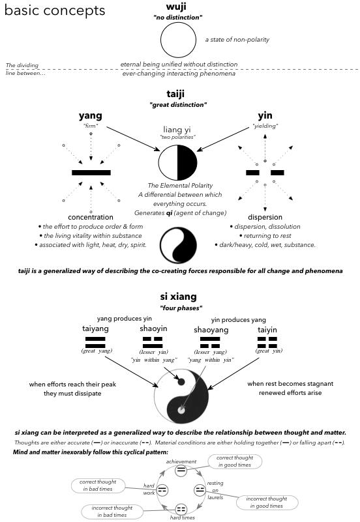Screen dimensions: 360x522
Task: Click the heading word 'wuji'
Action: pos(176,7)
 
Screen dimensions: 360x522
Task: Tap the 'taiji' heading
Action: pos(175,94)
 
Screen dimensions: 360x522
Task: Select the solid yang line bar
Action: pos(91,173)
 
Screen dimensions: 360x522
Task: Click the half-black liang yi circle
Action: pos(177,162)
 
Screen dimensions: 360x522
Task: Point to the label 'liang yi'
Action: pos(177,130)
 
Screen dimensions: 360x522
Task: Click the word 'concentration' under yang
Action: pos(91,217)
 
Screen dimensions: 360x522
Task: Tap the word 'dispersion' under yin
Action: pos(265,217)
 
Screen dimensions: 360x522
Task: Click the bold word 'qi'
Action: pos(169,213)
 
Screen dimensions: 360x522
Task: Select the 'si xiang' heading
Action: pos(178,297)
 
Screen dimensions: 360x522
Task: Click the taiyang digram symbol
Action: pos(95,342)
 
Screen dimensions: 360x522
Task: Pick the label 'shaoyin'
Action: pos(153,328)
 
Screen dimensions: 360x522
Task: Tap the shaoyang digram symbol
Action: pos(210,342)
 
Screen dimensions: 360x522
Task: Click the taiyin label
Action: pos(267,330)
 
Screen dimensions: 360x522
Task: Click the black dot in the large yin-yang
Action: pos(181,382)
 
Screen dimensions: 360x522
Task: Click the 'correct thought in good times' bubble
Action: pos(235,461)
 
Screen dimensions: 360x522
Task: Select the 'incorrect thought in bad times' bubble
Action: pos(112,512)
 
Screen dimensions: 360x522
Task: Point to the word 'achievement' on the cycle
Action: pos(181,461)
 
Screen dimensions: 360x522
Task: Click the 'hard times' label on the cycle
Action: pos(182,517)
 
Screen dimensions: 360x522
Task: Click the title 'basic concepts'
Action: pos(55,10)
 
